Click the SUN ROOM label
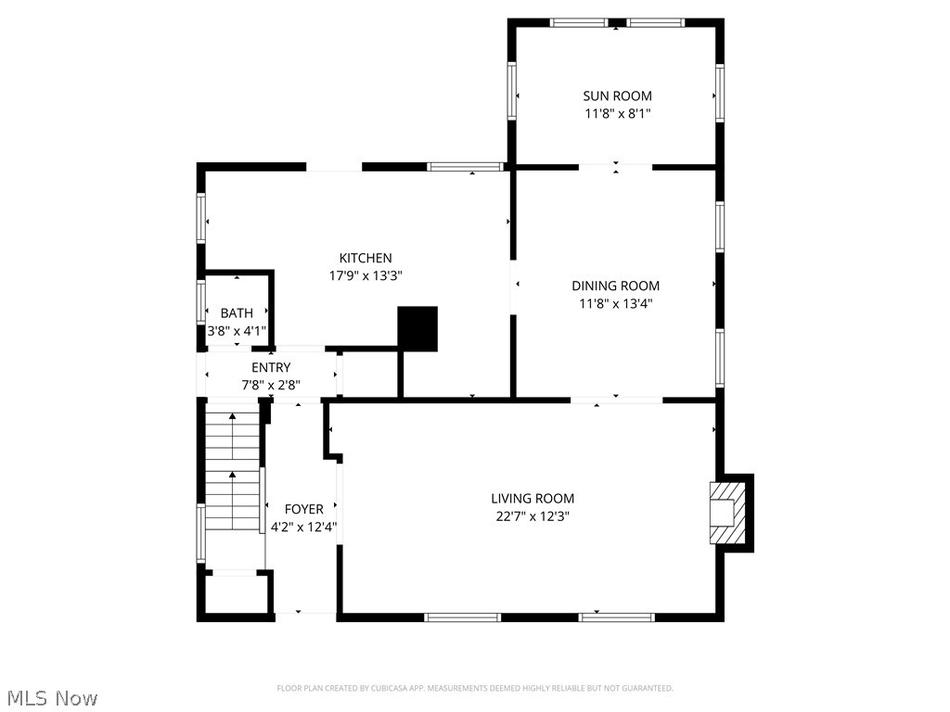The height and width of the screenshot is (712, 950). [617, 95]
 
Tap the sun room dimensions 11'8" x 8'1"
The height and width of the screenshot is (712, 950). [617, 113]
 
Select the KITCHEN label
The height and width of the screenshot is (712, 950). [365, 258]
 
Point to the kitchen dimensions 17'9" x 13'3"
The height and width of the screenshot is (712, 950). [365, 275]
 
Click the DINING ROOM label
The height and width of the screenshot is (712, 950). [615, 286]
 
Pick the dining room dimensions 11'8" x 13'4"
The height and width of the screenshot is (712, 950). [615, 303]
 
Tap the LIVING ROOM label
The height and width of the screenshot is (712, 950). [533, 498]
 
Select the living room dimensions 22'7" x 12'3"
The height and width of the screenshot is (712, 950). [533, 516]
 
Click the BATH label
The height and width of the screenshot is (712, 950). [237, 313]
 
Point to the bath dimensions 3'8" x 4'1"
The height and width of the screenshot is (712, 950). [237, 330]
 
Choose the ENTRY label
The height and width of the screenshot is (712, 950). [270, 367]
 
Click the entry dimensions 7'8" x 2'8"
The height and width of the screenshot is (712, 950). [270, 385]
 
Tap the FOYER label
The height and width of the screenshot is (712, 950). [303, 509]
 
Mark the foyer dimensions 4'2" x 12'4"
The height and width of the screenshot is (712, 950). [303, 527]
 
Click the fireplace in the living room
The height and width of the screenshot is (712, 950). [727, 513]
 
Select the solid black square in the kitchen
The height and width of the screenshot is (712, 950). [417, 328]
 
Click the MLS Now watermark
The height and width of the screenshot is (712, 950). [51, 697]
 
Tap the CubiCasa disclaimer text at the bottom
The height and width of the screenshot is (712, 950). [475, 688]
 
